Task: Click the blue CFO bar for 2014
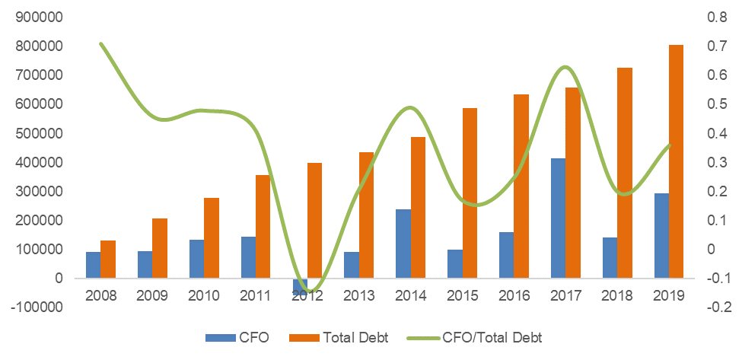coord(403,244)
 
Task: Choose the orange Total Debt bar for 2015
coord(470,193)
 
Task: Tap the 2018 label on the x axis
coord(617,295)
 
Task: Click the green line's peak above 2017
coord(564,68)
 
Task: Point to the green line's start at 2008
coord(100,44)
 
